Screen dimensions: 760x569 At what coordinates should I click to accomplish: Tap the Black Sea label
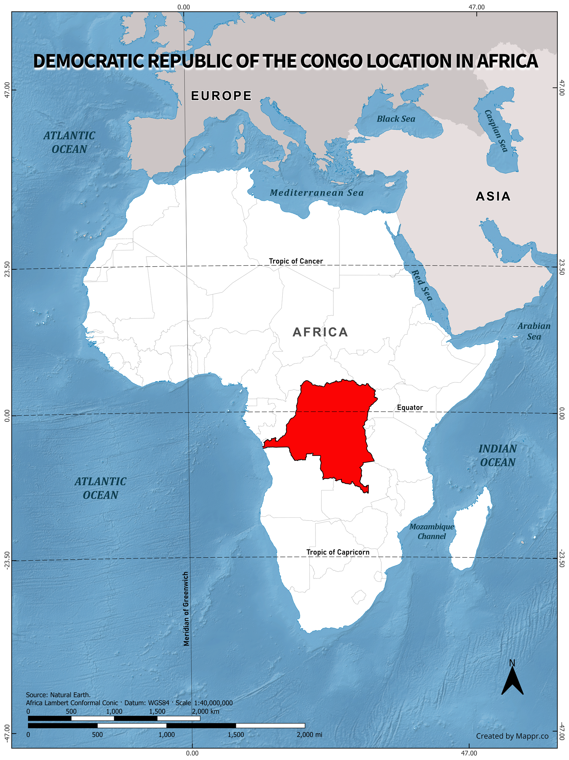(x=396, y=119)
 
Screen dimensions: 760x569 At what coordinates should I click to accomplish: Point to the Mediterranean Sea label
(x=316, y=193)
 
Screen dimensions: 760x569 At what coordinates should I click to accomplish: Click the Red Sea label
(x=422, y=285)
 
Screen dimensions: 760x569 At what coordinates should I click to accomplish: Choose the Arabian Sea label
(x=534, y=331)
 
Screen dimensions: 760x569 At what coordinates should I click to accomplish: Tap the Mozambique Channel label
(x=431, y=531)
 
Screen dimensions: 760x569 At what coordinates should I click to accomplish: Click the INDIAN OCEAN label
(x=498, y=456)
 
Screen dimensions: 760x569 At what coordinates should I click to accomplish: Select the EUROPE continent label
(x=221, y=96)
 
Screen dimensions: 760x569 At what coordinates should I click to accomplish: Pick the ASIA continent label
(x=493, y=196)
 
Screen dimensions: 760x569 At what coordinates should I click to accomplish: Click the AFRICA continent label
(x=320, y=332)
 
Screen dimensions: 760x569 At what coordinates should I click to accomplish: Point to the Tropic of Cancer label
(x=296, y=261)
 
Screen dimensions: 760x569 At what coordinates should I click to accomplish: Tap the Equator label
(x=410, y=407)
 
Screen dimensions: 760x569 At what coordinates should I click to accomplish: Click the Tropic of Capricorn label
(x=338, y=552)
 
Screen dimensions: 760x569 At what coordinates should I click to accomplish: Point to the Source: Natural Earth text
(x=58, y=695)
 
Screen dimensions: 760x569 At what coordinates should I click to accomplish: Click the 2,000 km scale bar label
(x=205, y=711)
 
